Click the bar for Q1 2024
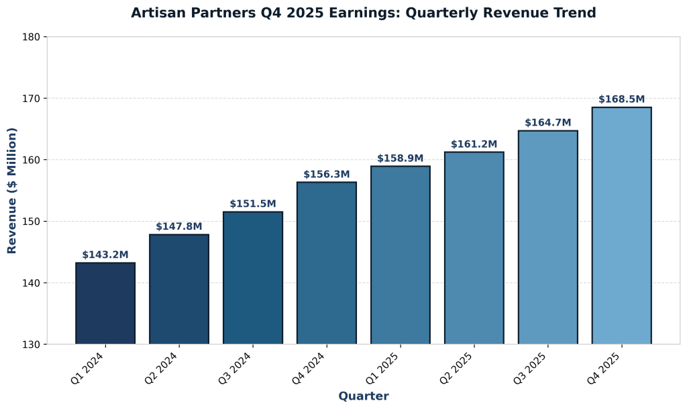(x=105, y=304)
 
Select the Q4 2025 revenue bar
(x=621, y=226)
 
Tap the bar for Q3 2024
(x=253, y=278)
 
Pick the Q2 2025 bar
(x=474, y=248)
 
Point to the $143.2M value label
(x=105, y=255)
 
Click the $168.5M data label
(x=621, y=99)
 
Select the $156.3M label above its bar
(x=327, y=175)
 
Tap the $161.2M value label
(x=474, y=144)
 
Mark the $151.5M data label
(x=253, y=204)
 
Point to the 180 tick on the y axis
(x=32, y=37)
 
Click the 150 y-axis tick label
(x=32, y=222)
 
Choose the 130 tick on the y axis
(x=32, y=345)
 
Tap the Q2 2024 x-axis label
(x=160, y=369)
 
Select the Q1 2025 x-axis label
(x=382, y=369)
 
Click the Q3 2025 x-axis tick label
(x=529, y=369)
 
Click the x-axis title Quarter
(x=363, y=396)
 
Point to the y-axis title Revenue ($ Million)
(x=12, y=191)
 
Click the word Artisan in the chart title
(x=156, y=13)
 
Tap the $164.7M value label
(x=547, y=123)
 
